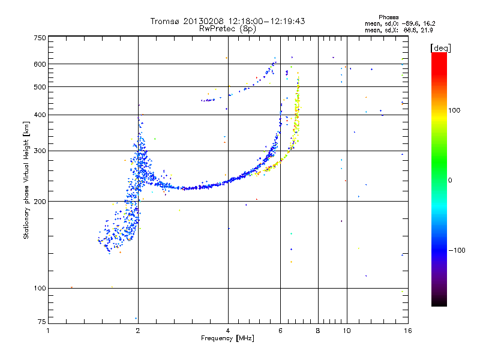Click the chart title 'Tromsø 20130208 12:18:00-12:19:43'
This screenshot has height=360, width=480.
(228, 21)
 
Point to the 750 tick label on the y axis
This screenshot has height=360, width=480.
(40, 38)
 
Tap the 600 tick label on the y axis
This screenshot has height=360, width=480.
(40, 64)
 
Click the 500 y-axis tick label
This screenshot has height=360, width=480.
(40, 87)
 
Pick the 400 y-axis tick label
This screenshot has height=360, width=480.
(40, 115)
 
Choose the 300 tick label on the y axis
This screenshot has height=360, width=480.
(40, 151)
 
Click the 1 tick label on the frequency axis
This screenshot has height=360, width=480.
(49, 331)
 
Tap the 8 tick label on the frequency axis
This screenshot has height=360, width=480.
(318, 331)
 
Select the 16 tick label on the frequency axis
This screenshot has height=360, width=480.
(407, 331)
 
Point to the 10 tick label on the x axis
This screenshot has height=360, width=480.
(346, 331)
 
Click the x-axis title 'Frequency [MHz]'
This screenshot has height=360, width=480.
(228, 338)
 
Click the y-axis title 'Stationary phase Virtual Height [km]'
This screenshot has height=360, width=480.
(26, 180)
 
